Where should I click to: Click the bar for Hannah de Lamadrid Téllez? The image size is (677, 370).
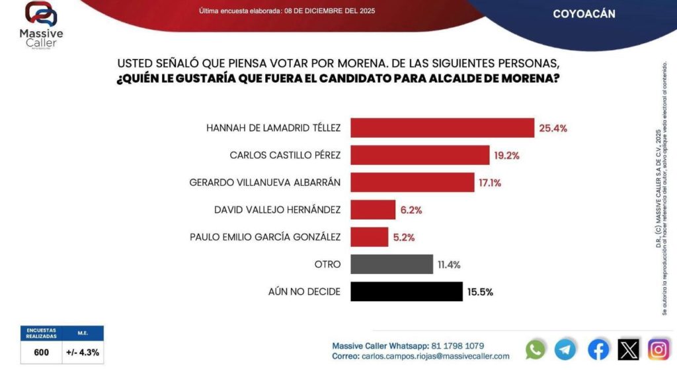coord(442,128)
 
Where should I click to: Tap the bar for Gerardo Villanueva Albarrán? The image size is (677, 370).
coord(412,182)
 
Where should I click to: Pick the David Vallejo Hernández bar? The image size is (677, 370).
coord(373,210)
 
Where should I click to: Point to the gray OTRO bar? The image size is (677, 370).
coord(391,264)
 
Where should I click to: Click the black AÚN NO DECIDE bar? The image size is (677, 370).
coord(406,291)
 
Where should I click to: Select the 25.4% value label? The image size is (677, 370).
coord(553,128)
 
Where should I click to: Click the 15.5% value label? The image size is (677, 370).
coord(480,291)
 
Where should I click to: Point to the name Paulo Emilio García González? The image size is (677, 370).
coord(265,237)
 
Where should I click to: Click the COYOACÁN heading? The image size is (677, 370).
coord(584,14)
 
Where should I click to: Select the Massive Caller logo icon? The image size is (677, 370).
coord(41,15)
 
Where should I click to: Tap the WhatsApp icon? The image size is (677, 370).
coord(536,349)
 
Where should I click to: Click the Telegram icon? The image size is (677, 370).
coord(565,349)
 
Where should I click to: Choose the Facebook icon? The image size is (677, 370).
coord(598,349)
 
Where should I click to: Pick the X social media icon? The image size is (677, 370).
coord(628,349)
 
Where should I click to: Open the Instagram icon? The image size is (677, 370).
coord(658,349)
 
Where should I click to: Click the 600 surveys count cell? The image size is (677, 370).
coord(41,352)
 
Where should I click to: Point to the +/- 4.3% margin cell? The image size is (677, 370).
coord(83,352)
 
